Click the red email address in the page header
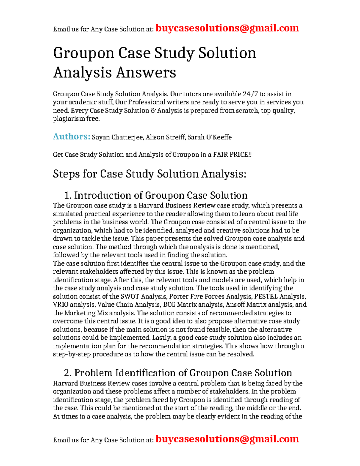tap(227, 28)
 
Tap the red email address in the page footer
tap(227, 439)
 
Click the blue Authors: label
tap(71, 137)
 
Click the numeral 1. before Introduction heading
tap(68, 196)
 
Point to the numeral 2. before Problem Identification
tap(68, 373)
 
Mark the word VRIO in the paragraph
tap(61, 305)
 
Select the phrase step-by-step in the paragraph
tap(72, 354)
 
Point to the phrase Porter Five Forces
tap(197, 296)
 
